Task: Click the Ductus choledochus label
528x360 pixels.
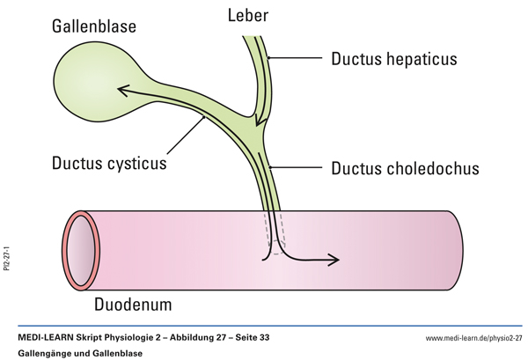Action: click(x=406, y=168)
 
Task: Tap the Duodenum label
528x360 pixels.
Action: click(x=144, y=305)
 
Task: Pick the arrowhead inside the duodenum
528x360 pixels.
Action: click(x=334, y=259)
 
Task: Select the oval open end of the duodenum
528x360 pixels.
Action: click(x=82, y=248)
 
